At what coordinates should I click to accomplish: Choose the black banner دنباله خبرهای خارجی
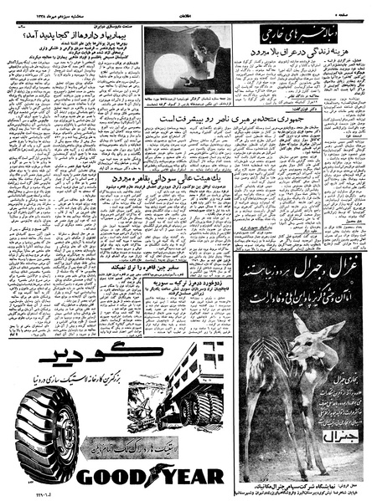click(x=301, y=38)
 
